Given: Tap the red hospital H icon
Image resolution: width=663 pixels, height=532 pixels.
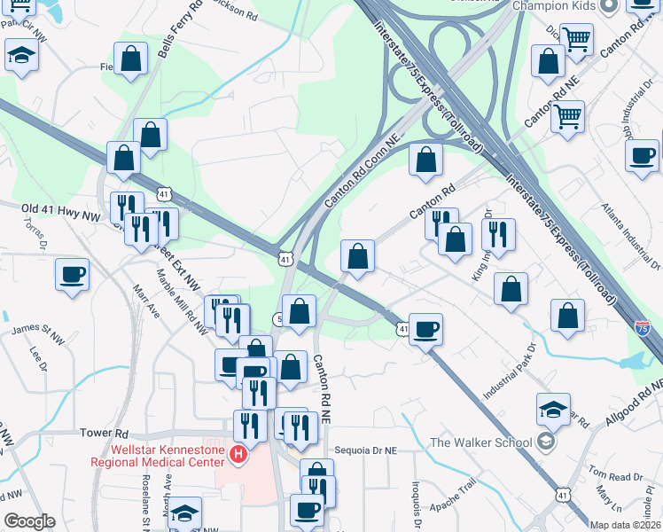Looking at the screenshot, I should click(238, 455).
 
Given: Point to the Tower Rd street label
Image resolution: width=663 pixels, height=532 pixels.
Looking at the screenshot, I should click(105, 434).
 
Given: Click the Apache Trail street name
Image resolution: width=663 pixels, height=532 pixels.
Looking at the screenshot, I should click(455, 485).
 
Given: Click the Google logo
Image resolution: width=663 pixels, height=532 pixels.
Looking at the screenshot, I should click(29, 521).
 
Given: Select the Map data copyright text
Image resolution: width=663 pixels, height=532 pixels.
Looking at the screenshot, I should click(625, 525).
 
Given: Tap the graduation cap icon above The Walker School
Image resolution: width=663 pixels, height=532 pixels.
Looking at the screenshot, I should click(553, 408).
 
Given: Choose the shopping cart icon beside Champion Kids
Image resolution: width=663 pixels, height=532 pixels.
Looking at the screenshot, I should click(576, 39).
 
